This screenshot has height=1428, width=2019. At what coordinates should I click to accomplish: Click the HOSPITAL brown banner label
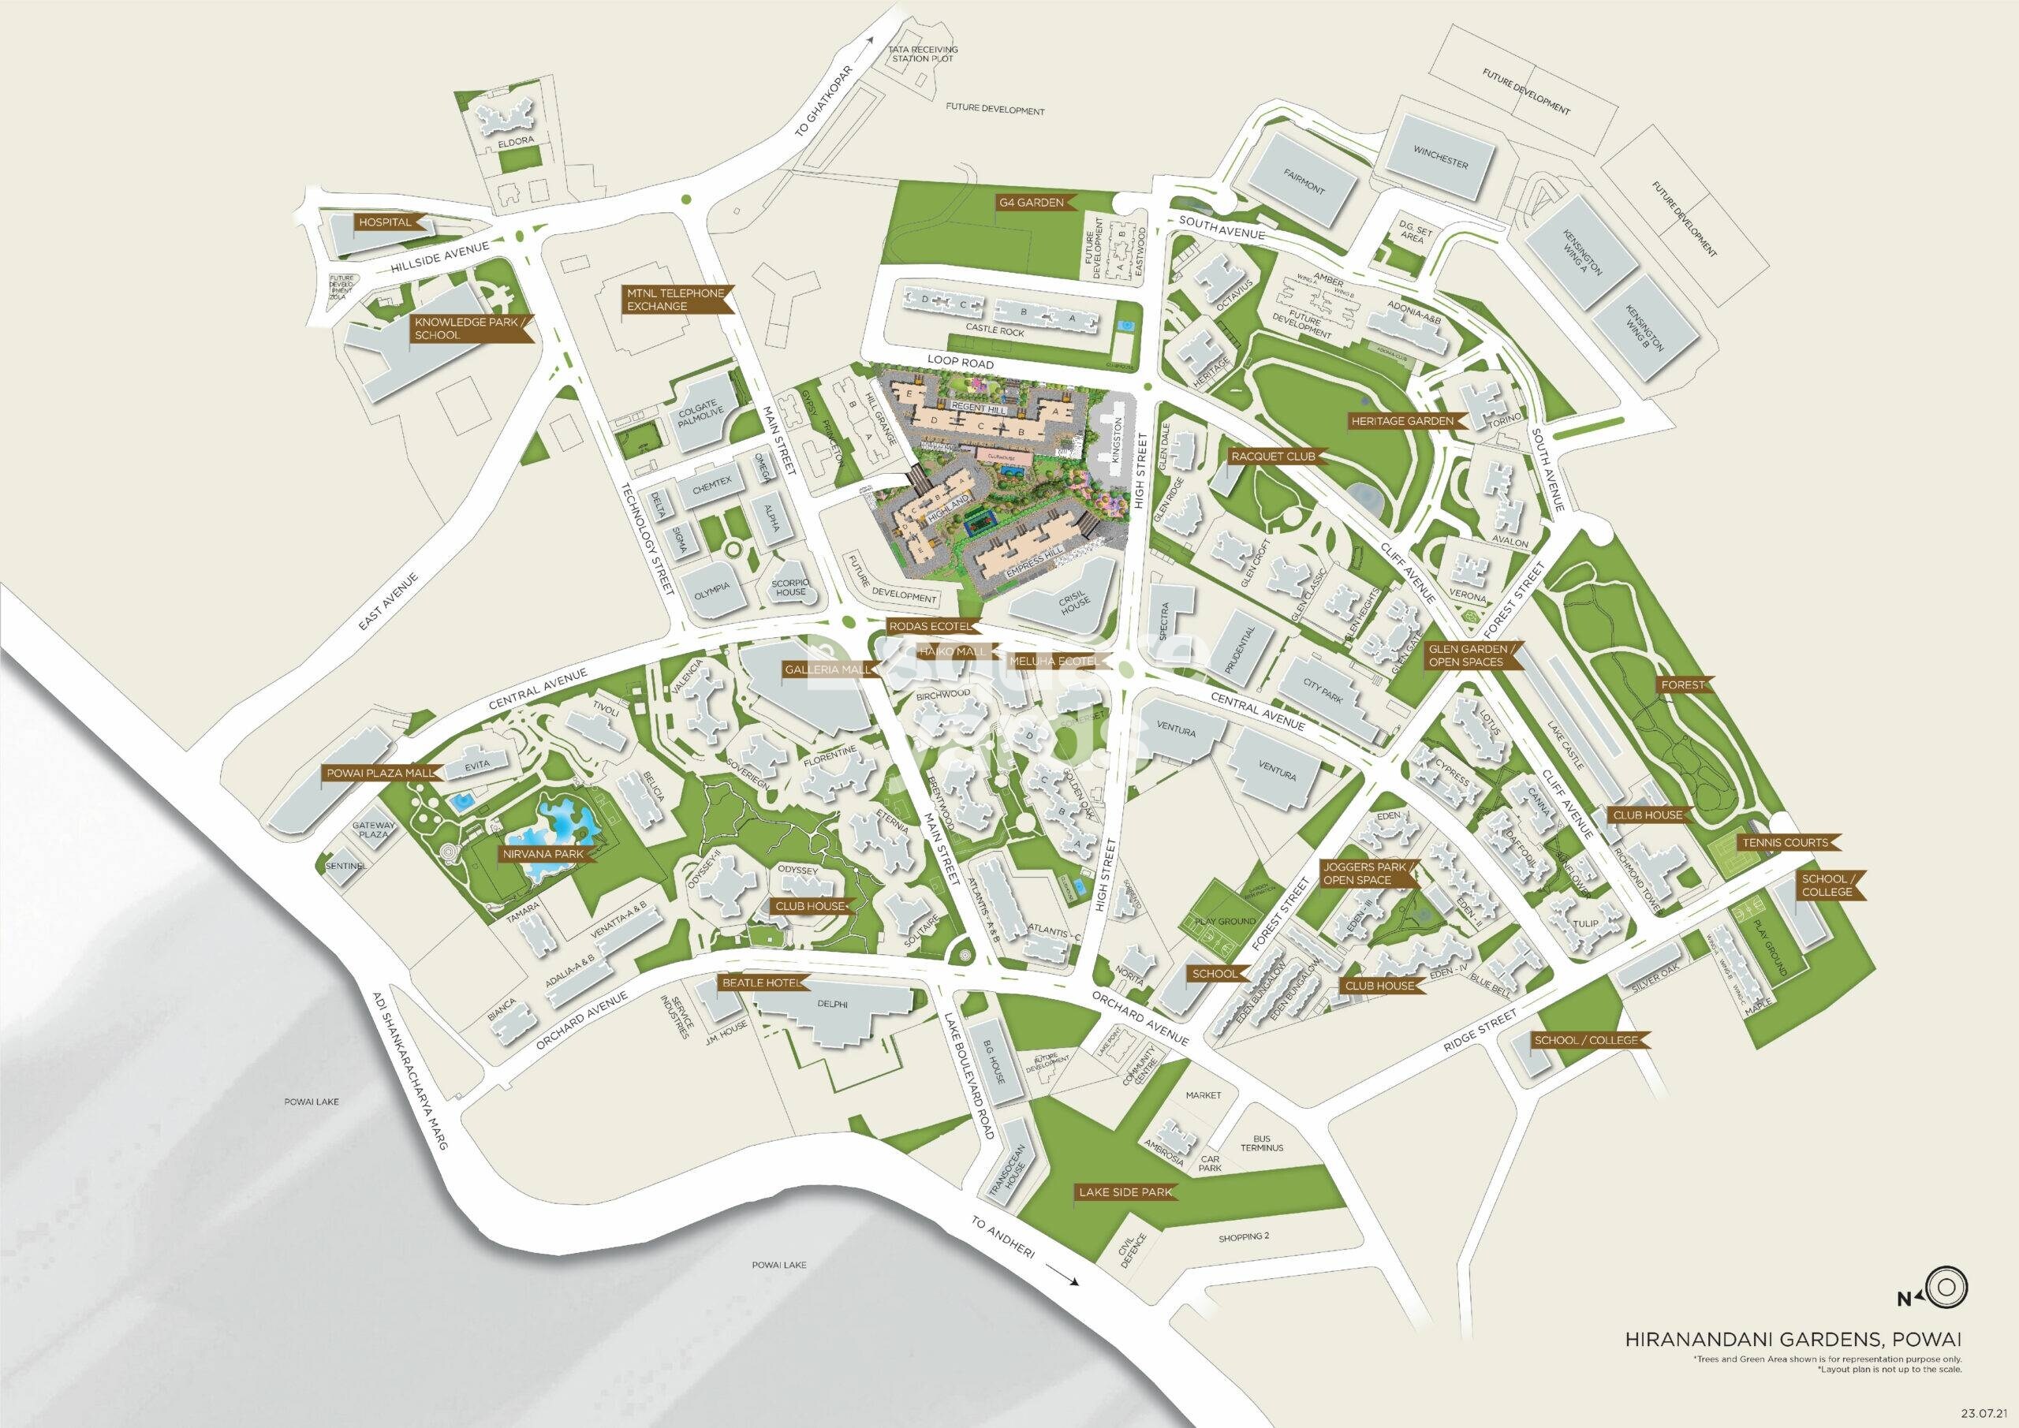(386, 222)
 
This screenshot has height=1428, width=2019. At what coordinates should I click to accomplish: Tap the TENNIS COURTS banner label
(1786, 842)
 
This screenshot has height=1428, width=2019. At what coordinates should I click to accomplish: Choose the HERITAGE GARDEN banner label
(1401, 421)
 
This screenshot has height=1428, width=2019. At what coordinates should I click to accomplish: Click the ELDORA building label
(510, 139)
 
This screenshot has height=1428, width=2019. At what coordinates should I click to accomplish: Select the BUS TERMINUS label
(1262, 1143)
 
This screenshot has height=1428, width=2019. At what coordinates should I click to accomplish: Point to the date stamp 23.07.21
(1986, 1412)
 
